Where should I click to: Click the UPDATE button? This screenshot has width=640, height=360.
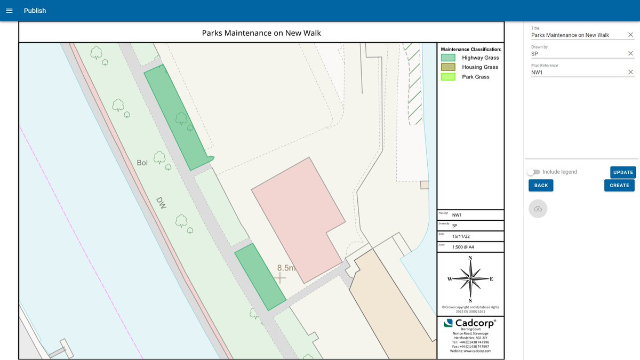coord(623,172)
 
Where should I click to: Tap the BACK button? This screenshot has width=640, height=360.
coord(541,185)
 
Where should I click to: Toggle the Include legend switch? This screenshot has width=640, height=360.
coord(533,172)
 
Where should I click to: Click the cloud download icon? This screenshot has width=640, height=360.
coord(538,209)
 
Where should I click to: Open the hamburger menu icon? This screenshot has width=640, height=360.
coord(9,11)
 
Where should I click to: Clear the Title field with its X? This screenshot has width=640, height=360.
coord(630,35)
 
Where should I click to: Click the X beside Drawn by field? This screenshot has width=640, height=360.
coord(630,53)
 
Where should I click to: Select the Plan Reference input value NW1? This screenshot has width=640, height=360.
coord(537,72)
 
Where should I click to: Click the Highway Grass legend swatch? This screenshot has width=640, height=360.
coord(448,58)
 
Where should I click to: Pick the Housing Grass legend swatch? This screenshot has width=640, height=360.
coord(448,67)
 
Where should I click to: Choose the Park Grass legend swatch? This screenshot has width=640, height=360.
coord(448,77)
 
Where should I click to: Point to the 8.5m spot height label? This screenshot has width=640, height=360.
coord(286,268)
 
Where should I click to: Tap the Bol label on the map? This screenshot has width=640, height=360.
coord(142,163)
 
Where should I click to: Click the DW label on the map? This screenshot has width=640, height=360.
coord(162,202)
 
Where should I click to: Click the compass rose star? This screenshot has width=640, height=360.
coord(470,279)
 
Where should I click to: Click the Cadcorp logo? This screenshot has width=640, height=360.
coord(470,323)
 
